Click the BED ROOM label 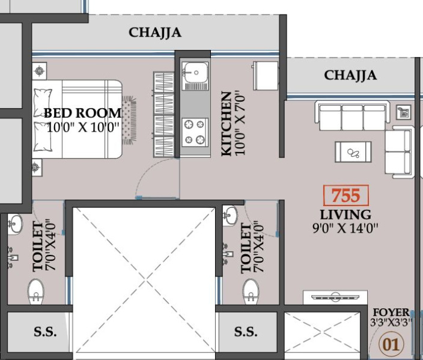click(x=82, y=113)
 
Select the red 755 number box click(x=345, y=196)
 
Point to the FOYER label click(x=391, y=313)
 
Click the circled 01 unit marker click(x=391, y=344)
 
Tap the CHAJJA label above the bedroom click(x=155, y=32)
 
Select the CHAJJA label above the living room click(x=350, y=75)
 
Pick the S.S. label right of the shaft click(x=246, y=332)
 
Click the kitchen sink click(x=194, y=73)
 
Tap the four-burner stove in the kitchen click(x=194, y=132)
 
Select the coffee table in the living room click(x=353, y=152)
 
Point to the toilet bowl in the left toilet click(x=36, y=291)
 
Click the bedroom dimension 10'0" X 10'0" click(x=84, y=127)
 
